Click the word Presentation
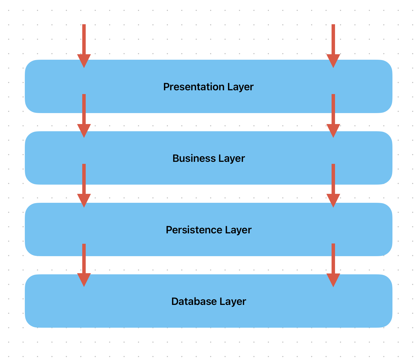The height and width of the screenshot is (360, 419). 194,87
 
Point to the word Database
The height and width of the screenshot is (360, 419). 194,301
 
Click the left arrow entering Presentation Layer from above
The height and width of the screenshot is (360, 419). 84,46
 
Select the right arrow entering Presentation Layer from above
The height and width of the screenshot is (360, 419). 333,46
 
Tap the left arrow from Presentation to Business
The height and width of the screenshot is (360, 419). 84,116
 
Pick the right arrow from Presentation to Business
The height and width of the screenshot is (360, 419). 333,116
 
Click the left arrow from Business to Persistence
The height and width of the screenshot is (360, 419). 84,185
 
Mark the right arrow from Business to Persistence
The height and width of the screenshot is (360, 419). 333,185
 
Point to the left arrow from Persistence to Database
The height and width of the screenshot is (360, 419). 84,265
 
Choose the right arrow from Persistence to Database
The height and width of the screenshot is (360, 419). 333,265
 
